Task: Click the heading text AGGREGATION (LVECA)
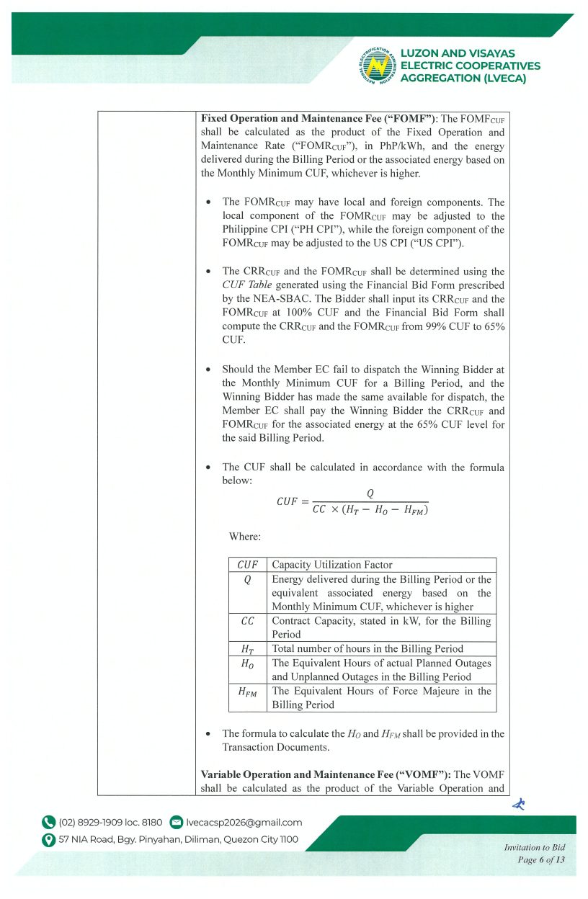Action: [x=463, y=78]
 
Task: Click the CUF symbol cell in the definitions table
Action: [x=247, y=565]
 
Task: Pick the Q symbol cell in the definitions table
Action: [x=247, y=579]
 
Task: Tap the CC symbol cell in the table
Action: [x=247, y=621]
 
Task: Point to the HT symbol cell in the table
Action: [x=247, y=649]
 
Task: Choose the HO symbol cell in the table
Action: [x=247, y=663]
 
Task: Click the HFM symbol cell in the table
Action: [x=247, y=692]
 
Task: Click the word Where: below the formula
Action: [x=245, y=537]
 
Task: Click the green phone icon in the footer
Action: [x=49, y=823]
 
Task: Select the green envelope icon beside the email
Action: [x=176, y=823]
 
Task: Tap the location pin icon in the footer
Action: [x=49, y=839]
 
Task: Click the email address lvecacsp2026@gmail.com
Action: [x=244, y=823]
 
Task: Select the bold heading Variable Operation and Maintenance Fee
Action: [x=326, y=774]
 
